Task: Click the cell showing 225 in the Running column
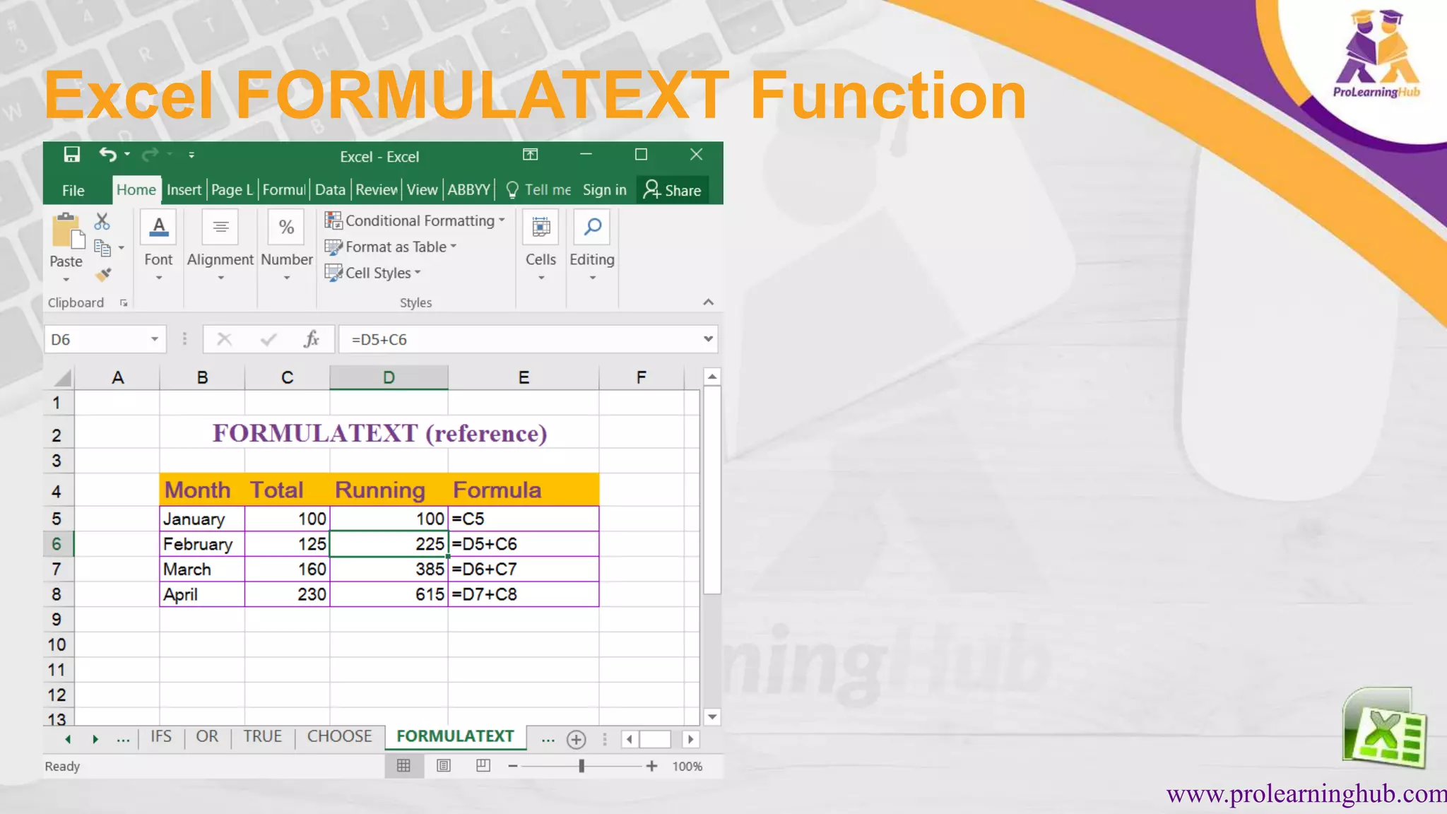pos(389,544)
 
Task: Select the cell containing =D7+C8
pos(523,594)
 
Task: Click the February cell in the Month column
pos(202,544)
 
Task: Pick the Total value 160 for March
pos(287,570)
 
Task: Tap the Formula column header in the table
pos(523,490)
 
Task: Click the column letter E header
pos(524,377)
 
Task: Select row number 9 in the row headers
pos(57,620)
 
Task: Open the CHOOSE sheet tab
pos(339,736)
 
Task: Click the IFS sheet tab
pos(161,736)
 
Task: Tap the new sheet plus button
pos(577,739)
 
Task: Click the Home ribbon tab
pos(136,190)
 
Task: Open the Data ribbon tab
pos(330,190)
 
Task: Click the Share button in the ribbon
pos(673,190)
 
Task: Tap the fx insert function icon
pos(312,339)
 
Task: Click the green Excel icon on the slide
pos(1385,728)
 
